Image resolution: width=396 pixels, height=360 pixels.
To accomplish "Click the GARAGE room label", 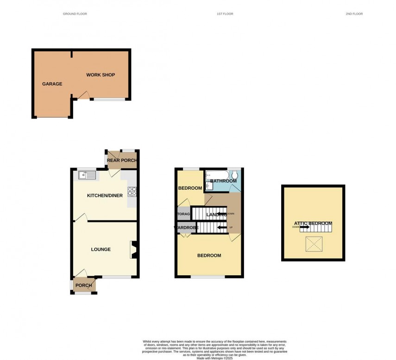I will click(52, 84).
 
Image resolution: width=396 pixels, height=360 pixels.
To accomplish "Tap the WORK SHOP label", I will click(101, 75).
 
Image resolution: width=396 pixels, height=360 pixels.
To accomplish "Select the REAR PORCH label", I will click(122, 161).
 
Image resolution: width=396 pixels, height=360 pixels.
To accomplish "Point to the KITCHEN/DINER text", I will click(105, 196).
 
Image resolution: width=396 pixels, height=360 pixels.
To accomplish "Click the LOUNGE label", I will click(101, 249).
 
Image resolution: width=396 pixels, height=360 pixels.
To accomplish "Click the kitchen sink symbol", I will click(87, 175).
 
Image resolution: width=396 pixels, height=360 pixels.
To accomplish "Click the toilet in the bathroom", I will click(236, 175).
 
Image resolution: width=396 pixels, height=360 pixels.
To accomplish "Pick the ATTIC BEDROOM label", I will click(313, 223).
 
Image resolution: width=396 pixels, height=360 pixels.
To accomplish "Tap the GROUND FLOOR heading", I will click(75, 14).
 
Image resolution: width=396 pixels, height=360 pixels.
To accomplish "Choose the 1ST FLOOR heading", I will click(225, 14).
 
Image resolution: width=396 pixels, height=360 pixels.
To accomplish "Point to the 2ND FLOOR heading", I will click(354, 14).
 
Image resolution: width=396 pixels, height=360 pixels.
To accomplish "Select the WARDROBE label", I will click(186, 228).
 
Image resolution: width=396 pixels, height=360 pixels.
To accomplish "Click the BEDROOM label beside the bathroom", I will click(190, 188).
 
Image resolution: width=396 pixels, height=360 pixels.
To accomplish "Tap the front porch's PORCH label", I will click(84, 286).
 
